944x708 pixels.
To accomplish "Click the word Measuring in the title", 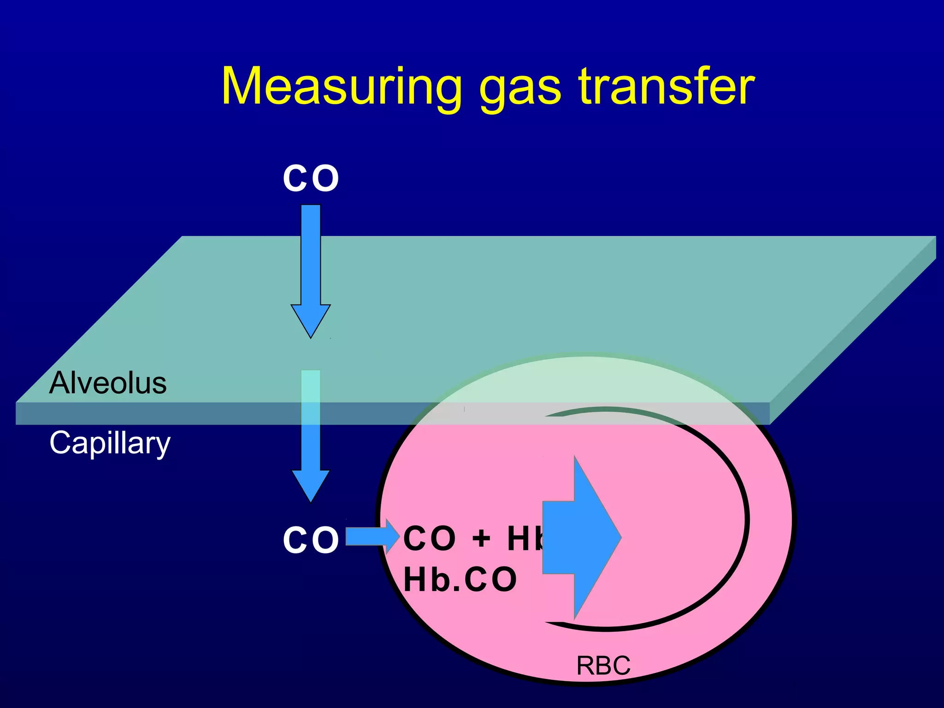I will click(x=341, y=87).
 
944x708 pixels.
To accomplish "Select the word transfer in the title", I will click(x=666, y=87).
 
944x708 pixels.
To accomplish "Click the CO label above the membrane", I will click(x=311, y=179).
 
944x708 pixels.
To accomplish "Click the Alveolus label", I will click(x=108, y=383).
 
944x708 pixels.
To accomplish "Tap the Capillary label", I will click(x=110, y=443).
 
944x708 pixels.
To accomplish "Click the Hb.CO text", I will click(x=460, y=579).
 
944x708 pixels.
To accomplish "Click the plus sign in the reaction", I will click(x=481, y=538).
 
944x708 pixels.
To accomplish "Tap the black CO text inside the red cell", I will click(x=430, y=538).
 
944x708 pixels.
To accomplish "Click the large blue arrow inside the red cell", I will click(x=582, y=537).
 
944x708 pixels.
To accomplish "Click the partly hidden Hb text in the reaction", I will click(x=525, y=538).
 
